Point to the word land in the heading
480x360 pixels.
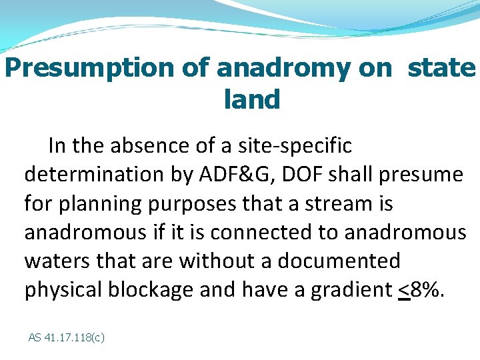pyautogui.click(x=252, y=100)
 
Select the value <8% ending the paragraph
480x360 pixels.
pyautogui.click(x=419, y=290)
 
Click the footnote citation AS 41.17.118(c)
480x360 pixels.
pyautogui.click(x=66, y=337)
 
